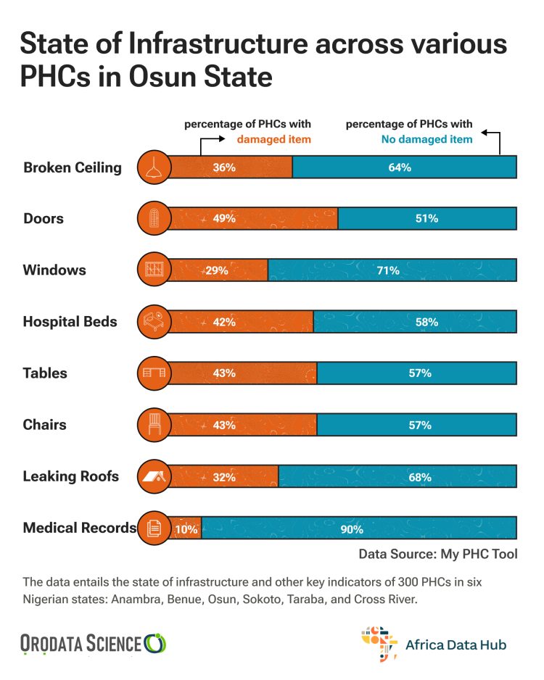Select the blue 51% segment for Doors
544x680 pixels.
point(427,218)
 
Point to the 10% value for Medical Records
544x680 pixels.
point(186,529)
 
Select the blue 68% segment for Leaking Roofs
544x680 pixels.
point(397,477)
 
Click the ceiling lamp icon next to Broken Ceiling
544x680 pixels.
point(154,167)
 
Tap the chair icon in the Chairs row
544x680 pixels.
point(154,426)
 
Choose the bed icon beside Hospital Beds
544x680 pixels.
point(154,322)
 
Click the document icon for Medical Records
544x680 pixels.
point(154,528)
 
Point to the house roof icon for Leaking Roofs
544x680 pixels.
point(154,477)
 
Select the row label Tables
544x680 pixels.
point(45,373)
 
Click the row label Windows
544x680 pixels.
point(54,270)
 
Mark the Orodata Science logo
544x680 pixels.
point(94,642)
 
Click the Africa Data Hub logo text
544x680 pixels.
point(456,644)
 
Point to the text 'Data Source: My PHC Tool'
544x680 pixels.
point(438,554)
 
